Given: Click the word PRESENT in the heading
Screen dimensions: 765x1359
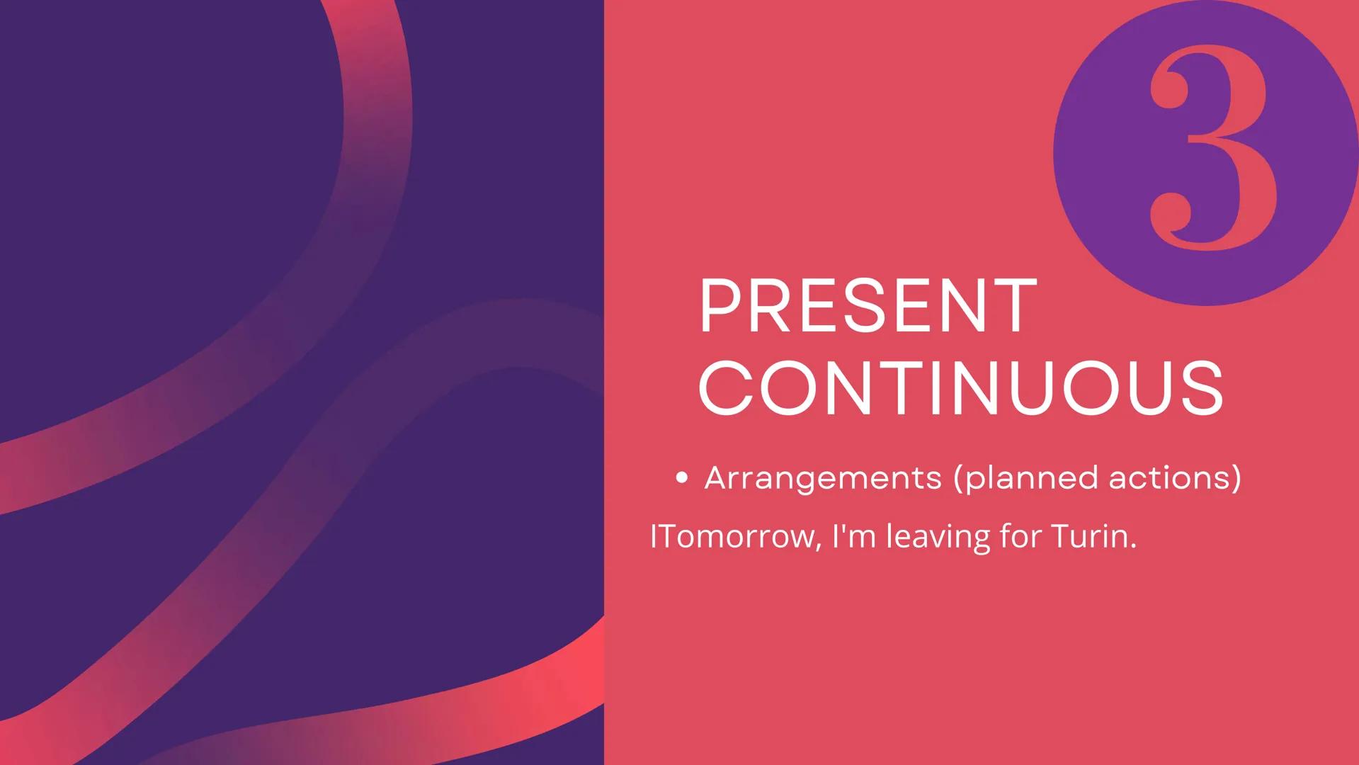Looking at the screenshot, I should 868,307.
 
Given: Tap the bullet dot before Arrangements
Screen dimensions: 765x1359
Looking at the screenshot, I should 681,478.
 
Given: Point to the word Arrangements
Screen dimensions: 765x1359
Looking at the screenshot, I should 823,478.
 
